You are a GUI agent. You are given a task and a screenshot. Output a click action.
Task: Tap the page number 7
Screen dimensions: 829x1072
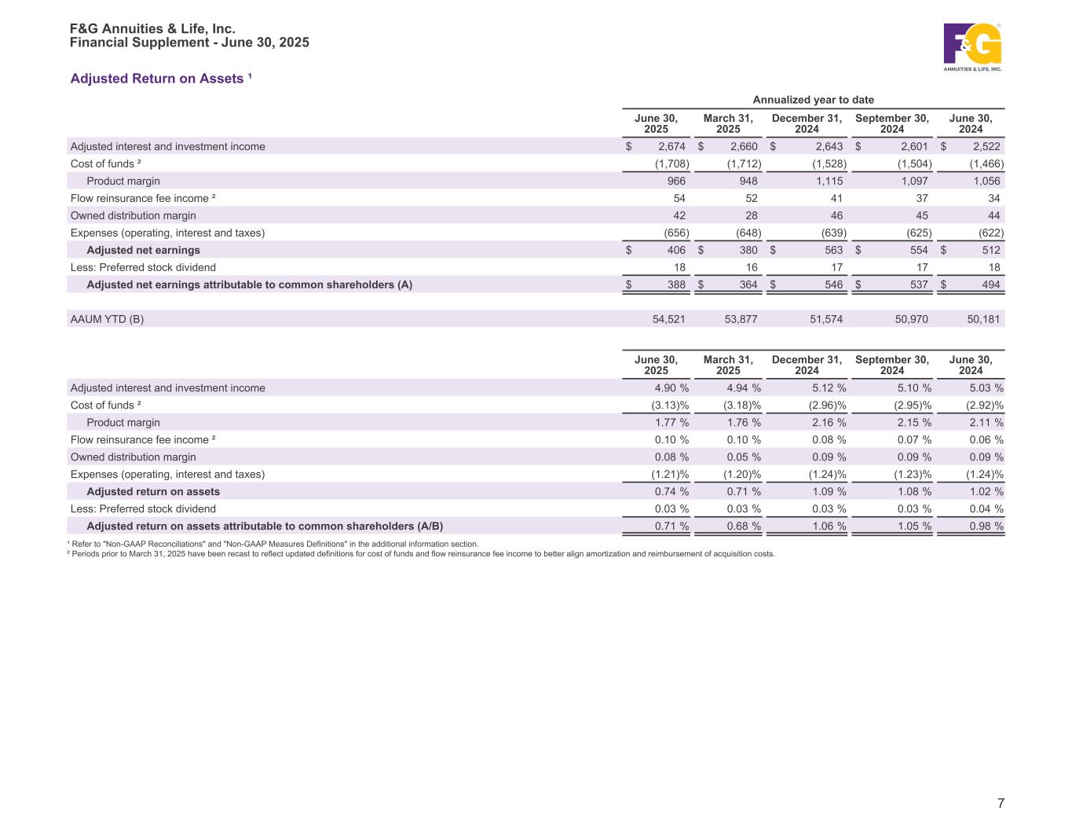coord(1001,803)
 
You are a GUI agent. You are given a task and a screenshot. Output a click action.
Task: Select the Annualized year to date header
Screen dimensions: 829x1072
coord(813,100)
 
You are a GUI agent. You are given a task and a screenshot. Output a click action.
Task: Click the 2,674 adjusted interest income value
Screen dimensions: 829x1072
coord(671,146)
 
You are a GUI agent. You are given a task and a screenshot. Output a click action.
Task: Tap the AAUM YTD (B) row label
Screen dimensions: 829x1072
coord(107,319)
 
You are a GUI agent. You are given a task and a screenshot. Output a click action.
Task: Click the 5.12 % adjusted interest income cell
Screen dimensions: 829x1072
coord(829,387)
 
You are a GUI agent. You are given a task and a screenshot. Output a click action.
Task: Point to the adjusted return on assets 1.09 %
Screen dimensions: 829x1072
coord(829,491)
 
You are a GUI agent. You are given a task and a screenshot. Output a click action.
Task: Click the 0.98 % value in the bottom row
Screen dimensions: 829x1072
coord(986,526)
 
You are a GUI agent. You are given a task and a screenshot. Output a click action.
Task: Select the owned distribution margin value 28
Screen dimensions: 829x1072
coord(752,215)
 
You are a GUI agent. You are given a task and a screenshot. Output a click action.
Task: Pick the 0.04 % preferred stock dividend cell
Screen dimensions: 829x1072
coord(986,508)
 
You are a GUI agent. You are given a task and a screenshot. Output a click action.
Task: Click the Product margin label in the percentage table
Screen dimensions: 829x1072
coord(123,422)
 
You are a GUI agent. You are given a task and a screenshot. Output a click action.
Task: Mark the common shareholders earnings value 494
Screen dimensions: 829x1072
coord(990,284)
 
